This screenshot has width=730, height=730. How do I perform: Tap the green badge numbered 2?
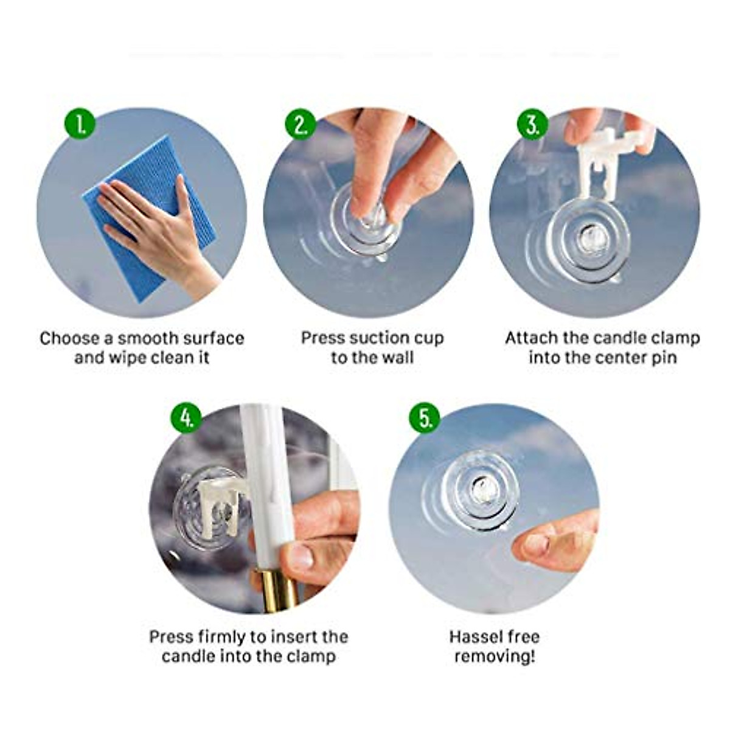coord(301,125)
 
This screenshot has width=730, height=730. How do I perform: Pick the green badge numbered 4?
coord(187,419)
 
